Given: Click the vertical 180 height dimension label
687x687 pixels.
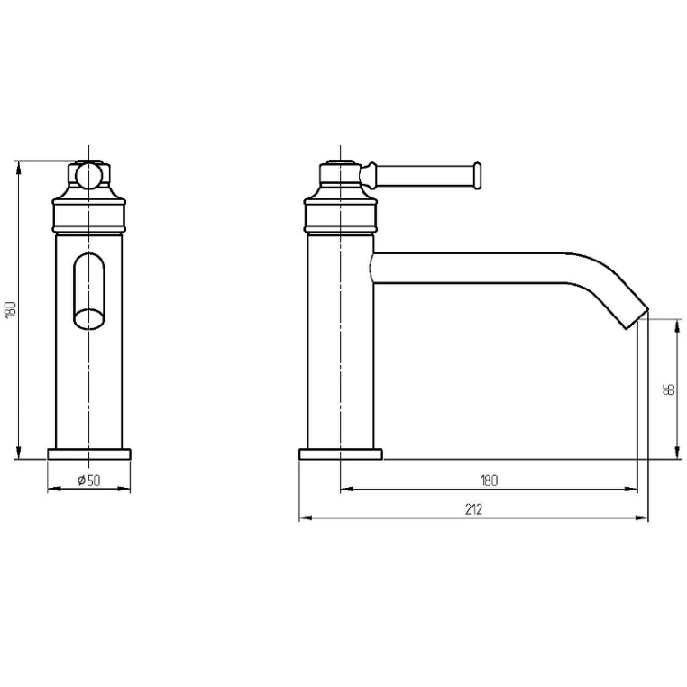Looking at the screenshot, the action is (x=11, y=310).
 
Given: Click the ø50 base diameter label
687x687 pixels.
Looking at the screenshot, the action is (x=89, y=481).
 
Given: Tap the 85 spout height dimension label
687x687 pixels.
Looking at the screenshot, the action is (x=670, y=389).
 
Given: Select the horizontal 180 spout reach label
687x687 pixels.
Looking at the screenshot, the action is (x=489, y=481).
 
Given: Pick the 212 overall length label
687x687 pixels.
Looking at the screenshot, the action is (x=473, y=509).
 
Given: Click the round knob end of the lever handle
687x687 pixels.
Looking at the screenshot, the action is (x=477, y=176).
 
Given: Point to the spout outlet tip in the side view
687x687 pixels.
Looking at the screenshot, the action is (x=637, y=318).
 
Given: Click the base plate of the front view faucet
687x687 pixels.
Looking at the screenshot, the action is (x=89, y=453).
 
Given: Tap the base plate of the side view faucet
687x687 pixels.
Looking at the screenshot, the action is (x=341, y=453).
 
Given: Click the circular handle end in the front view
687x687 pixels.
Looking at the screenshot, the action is (x=89, y=175).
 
